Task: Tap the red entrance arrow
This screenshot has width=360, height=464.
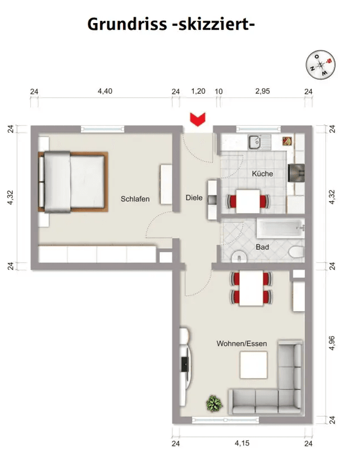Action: point(197,119)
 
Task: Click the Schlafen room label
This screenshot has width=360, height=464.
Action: point(135,198)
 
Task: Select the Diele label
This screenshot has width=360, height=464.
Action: point(194,198)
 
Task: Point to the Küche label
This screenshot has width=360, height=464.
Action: point(262,174)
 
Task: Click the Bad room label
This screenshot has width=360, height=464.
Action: point(262,247)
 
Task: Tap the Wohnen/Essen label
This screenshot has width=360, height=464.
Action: point(242,343)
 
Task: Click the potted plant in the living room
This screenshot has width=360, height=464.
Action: point(214,403)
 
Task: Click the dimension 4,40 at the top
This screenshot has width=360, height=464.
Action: point(105,91)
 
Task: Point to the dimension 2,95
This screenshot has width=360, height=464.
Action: point(262,91)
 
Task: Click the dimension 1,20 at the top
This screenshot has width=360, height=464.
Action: point(198,91)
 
